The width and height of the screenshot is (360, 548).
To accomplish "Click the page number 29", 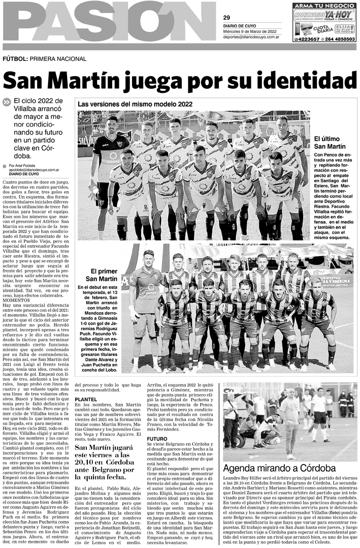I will tap(226, 18).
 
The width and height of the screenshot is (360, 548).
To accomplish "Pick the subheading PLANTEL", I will tap(86, 400).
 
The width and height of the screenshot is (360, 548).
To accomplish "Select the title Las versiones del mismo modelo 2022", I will tap(135, 104).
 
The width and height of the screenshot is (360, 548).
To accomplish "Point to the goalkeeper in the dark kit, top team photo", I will tap(110, 168).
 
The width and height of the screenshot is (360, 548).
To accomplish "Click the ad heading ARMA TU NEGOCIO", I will tap(324, 6).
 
